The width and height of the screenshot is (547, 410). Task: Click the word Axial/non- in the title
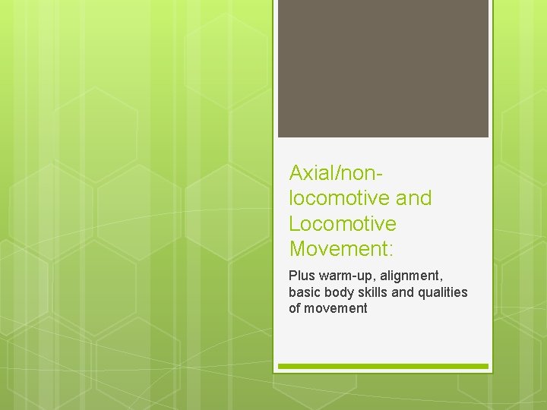[x=335, y=172]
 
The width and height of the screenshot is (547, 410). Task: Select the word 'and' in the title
[x=415, y=198]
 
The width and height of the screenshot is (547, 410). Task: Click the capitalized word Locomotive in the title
[x=343, y=224]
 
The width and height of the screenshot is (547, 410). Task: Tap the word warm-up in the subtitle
[x=343, y=275]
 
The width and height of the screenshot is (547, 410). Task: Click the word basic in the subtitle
[x=304, y=292]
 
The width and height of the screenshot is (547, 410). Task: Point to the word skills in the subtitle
[x=372, y=292]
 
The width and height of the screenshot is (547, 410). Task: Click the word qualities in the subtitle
[x=443, y=292]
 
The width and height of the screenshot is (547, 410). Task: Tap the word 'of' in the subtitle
[x=295, y=308]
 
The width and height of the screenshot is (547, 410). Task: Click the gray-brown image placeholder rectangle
[x=383, y=68]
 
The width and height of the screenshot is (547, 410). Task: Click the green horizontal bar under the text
[x=383, y=366]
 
